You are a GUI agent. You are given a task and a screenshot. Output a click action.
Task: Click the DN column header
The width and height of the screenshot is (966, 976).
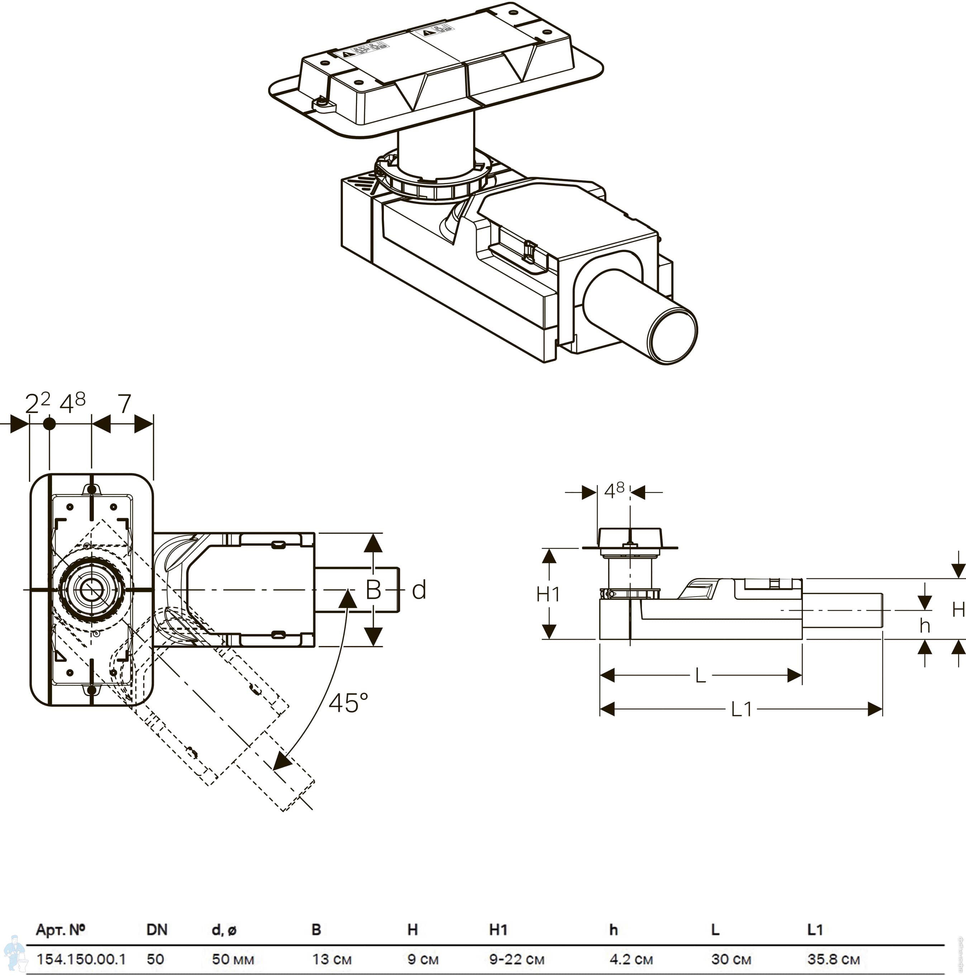click(x=157, y=929)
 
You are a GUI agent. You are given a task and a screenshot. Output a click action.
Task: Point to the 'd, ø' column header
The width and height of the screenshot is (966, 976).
click(x=224, y=929)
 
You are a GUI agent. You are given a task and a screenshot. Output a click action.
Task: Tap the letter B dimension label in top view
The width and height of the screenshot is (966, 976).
click(x=373, y=589)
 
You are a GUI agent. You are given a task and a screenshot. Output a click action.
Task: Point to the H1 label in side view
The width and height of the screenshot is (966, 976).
click(x=548, y=594)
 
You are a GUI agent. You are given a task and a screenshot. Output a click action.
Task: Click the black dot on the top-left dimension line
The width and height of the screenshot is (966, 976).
click(x=49, y=424)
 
